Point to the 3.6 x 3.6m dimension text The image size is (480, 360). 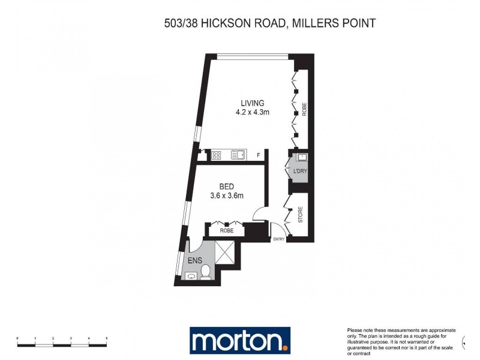tap(226, 196)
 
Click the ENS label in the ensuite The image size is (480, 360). tap(195, 260)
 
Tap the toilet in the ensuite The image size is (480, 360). tap(205, 271)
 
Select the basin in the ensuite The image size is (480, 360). tap(191, 276)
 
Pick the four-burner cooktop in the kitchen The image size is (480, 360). tap(216, 155)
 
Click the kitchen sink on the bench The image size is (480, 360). tap(237, 155)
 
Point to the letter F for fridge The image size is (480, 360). tap(258, 155)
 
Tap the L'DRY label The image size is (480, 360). tap(300, 171)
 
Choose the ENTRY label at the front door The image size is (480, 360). tap(278, 239)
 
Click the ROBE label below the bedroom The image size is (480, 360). tap(226, 230)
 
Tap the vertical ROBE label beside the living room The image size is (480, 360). tap(304, 110)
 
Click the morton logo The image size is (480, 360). tap(240, 340)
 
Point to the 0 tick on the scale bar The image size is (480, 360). tap(17, 339)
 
